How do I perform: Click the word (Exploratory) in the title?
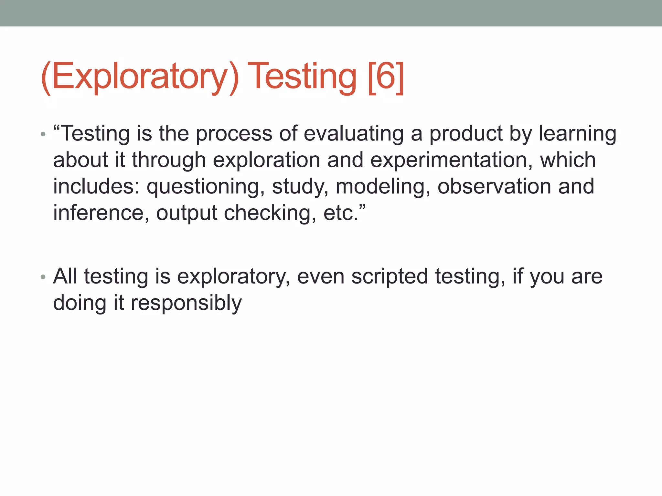140,77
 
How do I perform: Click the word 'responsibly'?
186,303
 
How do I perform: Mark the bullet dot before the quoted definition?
43,134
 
